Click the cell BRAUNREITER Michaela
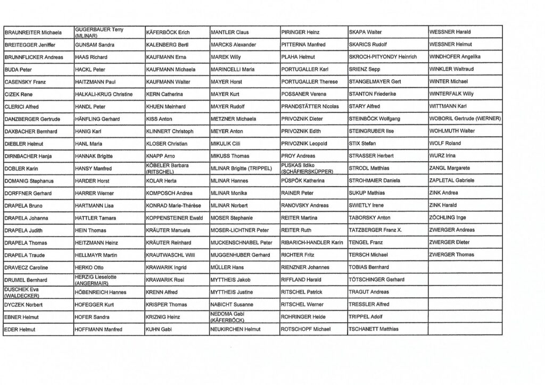[x=33, y=32]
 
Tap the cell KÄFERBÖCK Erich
[x=168, y=32]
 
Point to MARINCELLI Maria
[x=233, y=69]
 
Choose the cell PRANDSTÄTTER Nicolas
[x=310, y=106]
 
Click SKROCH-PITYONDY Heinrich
[x=383, y=57]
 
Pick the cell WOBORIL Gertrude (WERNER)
[x=465, y=119]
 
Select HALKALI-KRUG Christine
[x=104, y=94]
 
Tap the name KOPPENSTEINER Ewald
[x=174, y=218]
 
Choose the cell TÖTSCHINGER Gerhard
[x=376, y=280]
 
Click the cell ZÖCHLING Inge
[x=448, y=218]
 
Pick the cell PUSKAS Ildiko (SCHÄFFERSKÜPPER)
[x=307, y=169]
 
